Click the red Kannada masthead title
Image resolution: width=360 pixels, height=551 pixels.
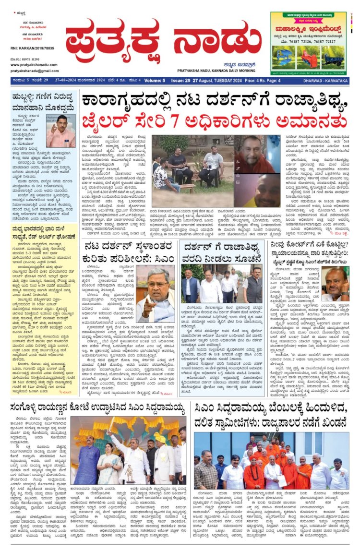tap(163, 40)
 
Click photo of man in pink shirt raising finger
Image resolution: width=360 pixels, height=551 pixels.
tap(60, 131)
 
